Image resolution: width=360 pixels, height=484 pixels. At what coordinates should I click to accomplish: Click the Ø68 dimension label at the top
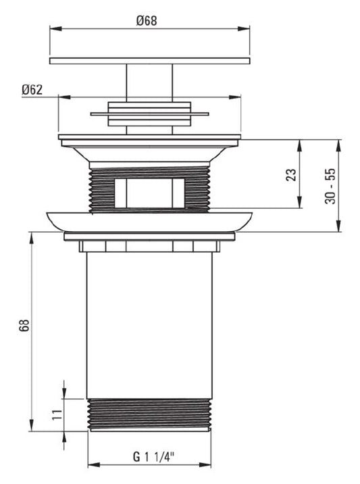coord(147,21)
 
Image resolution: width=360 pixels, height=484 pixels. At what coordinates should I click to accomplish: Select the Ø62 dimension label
coord(32,90)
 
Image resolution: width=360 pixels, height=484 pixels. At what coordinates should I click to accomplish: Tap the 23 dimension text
coord(291,174)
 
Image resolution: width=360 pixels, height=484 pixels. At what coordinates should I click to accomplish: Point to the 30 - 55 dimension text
coord(330,186)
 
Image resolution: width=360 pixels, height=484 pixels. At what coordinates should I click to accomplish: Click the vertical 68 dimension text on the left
coord(24,325)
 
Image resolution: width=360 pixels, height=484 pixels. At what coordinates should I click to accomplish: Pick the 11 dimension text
coord(57,414)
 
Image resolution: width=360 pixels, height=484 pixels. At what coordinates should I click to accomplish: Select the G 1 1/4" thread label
coord(153,456)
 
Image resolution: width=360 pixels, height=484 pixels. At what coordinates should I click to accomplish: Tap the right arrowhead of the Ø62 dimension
coord(235,97)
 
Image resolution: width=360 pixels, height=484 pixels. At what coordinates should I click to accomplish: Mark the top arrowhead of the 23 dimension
coord(299,145)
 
